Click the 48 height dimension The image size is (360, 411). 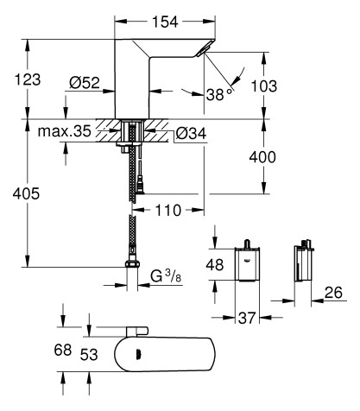click(x=218, y=263)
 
